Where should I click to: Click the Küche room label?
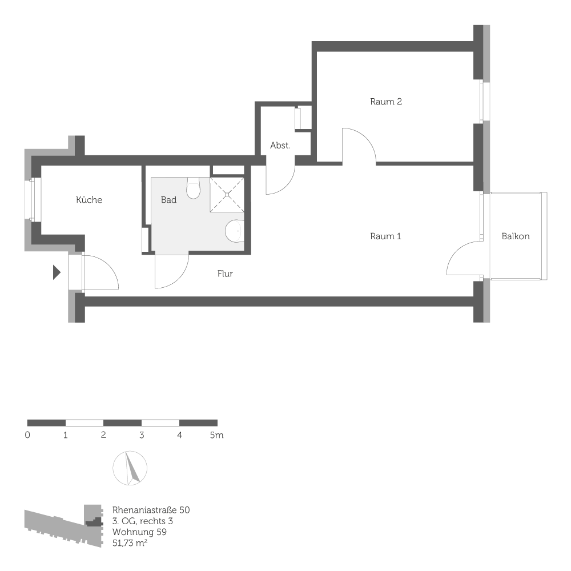pos(89,200)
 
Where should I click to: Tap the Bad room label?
pos(168,200)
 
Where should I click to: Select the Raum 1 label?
pos(385,236)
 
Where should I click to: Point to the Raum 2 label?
pos(386,102)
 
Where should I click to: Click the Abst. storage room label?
pos(280,146)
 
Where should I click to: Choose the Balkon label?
pos(516,236)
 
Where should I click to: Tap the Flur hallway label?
pos(225,274)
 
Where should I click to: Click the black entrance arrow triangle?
pos(56,272)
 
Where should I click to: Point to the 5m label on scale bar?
pos(216,435)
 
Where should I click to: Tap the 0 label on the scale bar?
pos(27,435)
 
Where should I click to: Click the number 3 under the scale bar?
pos(141,435)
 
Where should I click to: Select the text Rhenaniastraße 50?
pos(151,509)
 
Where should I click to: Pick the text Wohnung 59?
pos(139,532)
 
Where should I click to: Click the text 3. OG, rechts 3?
pos(143,521)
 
